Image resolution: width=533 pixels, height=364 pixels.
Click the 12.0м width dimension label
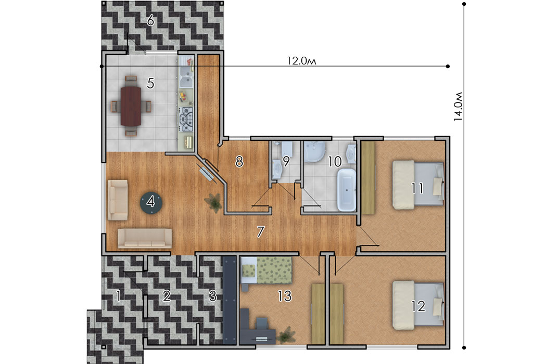[x=301, y=61]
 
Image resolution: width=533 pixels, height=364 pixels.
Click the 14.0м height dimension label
[x=458, y=106]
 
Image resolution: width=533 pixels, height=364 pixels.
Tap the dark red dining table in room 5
[x=131, y=106]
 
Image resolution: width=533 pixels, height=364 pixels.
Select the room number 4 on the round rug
[x=150, y=202]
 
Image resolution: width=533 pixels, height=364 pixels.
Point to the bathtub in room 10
[x=346, y=190]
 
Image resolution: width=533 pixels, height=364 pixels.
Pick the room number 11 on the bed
[x=417, y=188]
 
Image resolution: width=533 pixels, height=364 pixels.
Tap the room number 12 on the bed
[x=418, y=306]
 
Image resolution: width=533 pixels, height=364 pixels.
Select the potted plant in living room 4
[x=214, y=202]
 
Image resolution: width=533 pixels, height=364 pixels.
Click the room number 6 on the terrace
[x=150, y=21]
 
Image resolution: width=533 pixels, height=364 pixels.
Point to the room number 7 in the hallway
[x=260, y=231]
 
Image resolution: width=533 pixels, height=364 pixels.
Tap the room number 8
[x=239, y=162]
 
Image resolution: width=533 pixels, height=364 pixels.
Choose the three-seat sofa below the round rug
[x=145, y=238]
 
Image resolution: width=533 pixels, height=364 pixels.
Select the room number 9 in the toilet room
[x=286, y=162]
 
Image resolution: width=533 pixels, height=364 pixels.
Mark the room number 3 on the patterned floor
[x=213, y=296]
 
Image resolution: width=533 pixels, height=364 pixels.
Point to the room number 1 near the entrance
[x=119, y=296]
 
